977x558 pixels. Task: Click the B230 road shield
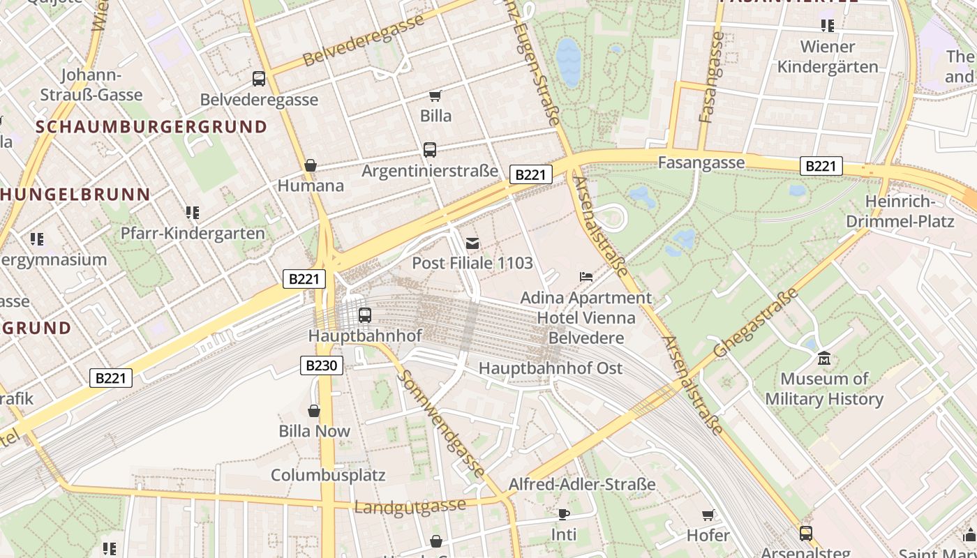322,365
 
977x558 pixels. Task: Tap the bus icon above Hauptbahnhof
364,315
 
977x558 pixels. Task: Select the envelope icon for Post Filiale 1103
472,243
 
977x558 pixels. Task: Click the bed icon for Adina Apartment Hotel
586,277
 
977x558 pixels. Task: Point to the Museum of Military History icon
823,359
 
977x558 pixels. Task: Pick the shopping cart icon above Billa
435,96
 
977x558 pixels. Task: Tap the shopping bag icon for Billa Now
314,411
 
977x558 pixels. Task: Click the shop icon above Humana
311,165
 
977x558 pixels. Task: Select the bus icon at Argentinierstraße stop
430,150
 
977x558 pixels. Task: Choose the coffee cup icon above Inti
564,515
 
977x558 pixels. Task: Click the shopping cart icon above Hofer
708,515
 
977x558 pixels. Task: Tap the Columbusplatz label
328,475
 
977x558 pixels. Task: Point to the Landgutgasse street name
410,506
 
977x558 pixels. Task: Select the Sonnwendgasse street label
441,423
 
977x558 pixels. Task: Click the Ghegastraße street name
755,323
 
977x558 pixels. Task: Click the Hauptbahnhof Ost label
551,368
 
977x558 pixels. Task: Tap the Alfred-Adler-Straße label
581,484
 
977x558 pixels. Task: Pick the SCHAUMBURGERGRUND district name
151,127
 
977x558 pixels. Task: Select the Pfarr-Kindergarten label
193,233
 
